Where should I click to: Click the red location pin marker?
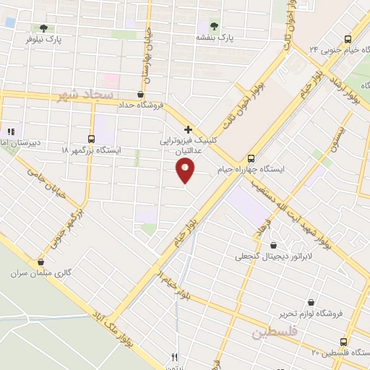pos(186,171)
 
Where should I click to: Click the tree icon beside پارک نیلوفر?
pos(44,28)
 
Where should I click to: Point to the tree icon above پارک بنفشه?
pos(213,25)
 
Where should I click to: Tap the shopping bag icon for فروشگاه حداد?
pos(140,94)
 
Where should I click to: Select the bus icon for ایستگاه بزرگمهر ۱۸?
pos(91,139)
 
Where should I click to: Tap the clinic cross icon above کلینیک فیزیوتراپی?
pos(188,130)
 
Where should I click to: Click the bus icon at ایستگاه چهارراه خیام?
pos(251,158)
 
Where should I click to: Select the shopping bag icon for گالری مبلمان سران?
pos(40,263)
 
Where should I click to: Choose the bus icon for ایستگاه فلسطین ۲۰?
pos(343,341)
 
